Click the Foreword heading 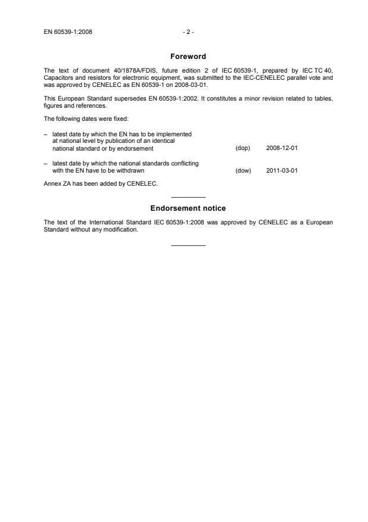[188, 57]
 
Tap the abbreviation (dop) [243, 148]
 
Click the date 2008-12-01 [282, 148]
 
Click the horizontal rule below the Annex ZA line [188, 196]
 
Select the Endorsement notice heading [188, 209]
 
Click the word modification [123, 229]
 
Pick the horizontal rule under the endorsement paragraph [188, 245]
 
